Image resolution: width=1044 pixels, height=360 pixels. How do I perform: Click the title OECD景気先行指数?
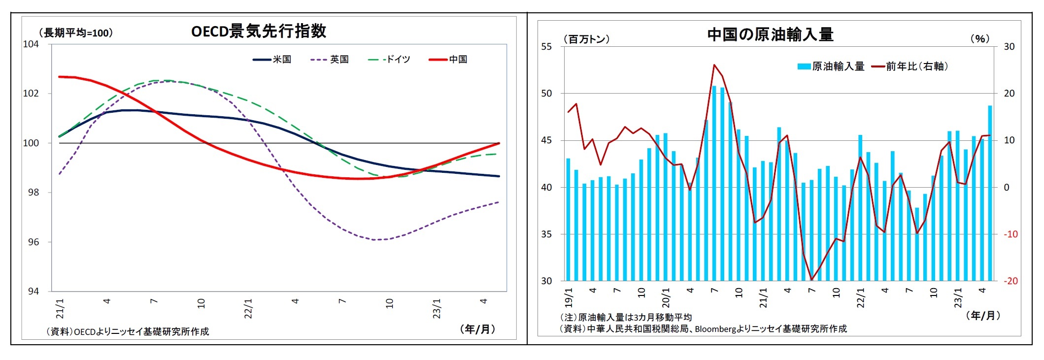(258, 31)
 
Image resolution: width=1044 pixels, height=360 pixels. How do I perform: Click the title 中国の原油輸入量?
(770, 34)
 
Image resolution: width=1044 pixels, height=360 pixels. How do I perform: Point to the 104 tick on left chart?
(31, 44)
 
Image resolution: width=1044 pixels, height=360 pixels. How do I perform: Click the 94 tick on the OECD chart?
(33, 291)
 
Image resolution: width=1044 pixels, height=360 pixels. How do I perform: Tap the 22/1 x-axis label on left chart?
(248, 308)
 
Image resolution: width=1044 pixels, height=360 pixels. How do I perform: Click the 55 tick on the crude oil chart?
(546, 47)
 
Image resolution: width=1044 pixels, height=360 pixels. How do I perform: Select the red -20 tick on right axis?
(1010, 281)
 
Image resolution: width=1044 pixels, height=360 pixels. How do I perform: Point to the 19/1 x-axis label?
(568, 297)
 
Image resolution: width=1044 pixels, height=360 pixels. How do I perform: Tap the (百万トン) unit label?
(586, 39)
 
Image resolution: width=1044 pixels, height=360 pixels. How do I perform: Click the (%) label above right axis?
(979, 39)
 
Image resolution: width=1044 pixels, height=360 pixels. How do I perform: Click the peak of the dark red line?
(714, 65)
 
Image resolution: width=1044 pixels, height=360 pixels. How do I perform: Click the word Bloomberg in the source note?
(715, 328)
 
